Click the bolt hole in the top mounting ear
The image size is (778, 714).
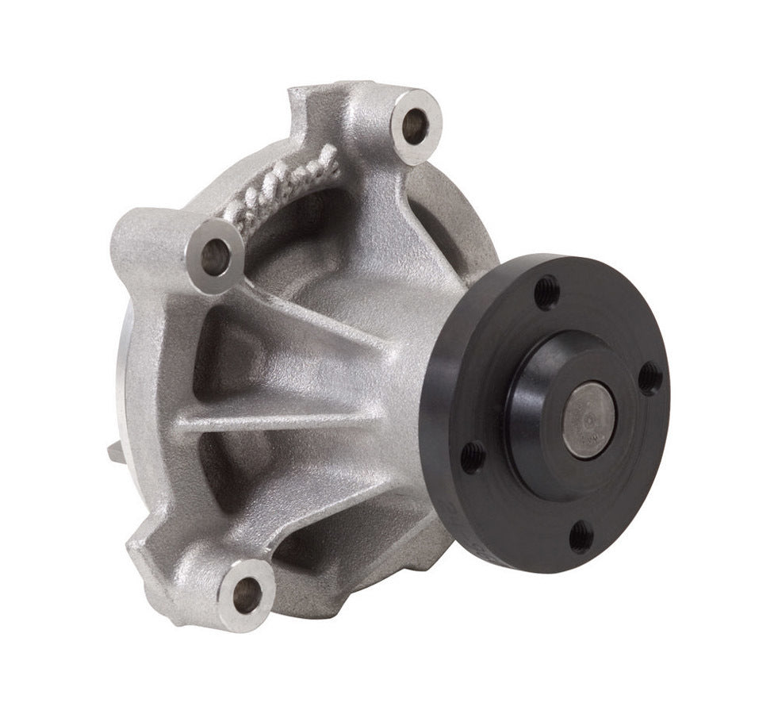[x=414, y=125]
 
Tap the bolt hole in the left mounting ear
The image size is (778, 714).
[x=215, y=253]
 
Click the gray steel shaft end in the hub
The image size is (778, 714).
[x=588, y=419]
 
